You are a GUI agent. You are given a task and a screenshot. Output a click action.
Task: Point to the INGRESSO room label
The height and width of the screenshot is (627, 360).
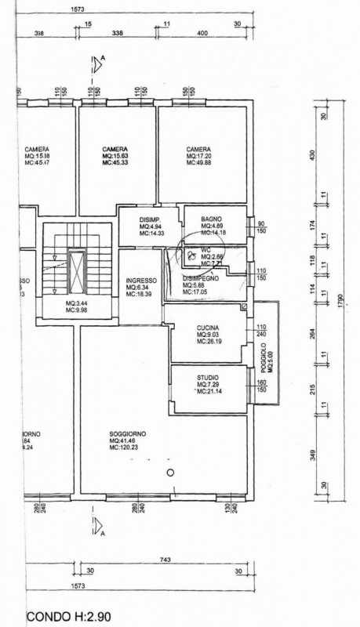coord(141,280)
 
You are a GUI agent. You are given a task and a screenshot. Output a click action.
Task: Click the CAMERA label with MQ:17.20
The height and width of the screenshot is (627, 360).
coord(199,150)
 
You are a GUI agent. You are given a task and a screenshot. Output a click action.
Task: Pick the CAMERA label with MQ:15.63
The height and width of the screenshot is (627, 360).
coord(115,149)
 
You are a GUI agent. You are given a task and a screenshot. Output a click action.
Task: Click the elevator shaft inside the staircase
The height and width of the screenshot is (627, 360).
coord(77,270)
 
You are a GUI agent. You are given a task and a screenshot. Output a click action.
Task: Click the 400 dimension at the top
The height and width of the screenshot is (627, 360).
coord(201,34)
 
